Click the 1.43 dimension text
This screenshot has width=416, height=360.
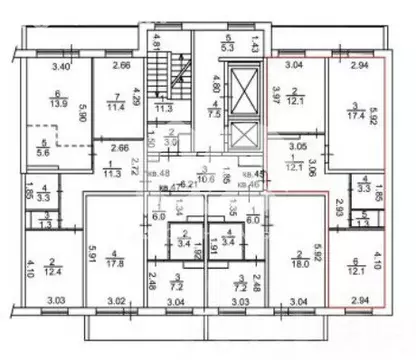point(256,48)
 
